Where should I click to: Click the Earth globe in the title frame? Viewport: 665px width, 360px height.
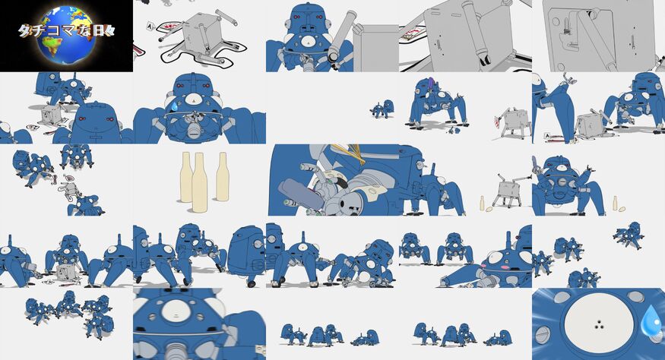68,35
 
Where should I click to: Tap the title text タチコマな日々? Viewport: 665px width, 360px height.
67,30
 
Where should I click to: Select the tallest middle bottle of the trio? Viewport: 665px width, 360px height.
200,182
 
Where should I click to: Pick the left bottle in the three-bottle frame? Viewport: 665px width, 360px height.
186,177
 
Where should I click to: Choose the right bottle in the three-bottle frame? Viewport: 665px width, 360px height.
222,176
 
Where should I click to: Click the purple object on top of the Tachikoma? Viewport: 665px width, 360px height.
432,84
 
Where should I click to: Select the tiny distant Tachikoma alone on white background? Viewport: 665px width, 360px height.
382,109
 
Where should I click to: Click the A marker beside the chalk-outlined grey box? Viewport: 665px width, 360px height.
149,27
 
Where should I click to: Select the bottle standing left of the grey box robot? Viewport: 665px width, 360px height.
482,203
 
